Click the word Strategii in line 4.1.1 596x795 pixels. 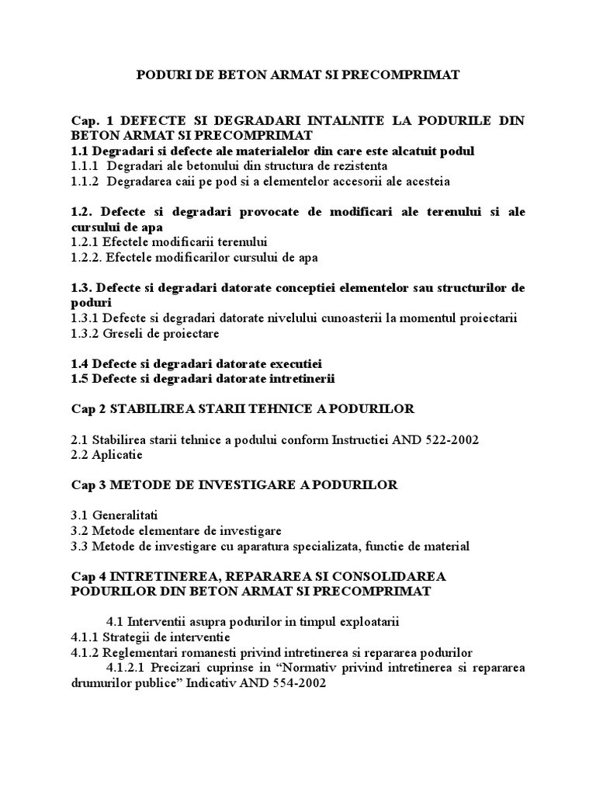(128, 637)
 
